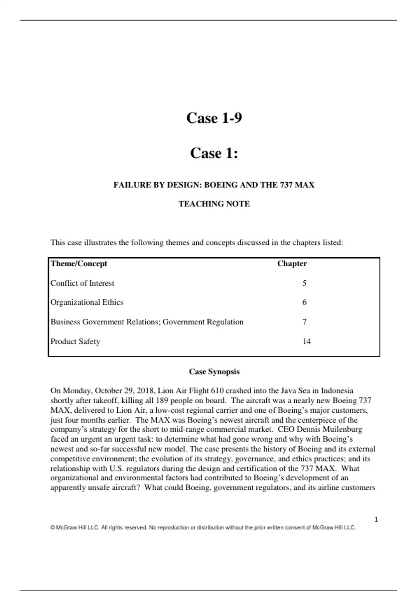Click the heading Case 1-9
214,118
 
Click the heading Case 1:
214,153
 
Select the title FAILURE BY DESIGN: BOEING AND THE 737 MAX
214,185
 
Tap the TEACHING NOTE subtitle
214,204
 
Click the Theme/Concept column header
79,264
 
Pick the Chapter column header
292,264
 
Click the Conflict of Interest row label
82,283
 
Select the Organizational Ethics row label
87,302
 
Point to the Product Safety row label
75,341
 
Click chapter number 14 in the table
306,341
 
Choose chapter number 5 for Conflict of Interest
304,283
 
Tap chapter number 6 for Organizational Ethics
304,302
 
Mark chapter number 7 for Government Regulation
304,322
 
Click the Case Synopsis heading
214,372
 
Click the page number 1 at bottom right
376,519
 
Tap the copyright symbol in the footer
52,528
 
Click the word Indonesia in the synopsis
337,391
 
